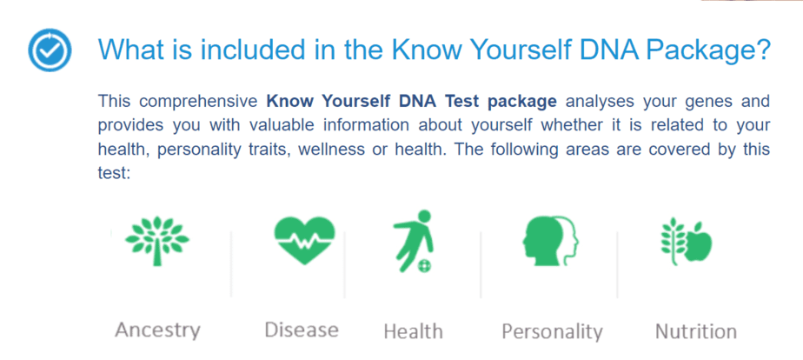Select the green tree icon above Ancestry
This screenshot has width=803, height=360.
point(156,240)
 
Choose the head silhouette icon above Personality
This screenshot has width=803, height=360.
point(550,240)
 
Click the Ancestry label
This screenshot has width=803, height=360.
point(157,330)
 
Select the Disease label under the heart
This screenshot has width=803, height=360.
point(302,330)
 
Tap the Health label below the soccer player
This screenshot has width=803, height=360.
point(413,331)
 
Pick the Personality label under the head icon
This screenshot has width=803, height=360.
point(552,331)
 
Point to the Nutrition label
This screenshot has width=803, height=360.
point(696,331)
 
